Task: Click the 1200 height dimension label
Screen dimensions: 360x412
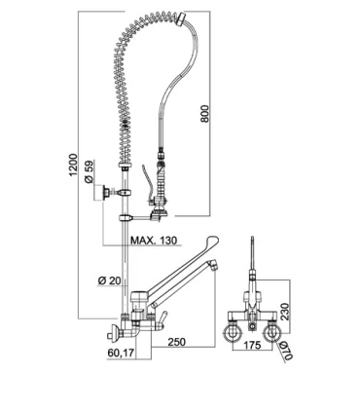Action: pyautogui.click(x=74, y=165)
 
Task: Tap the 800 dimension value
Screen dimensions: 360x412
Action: pyautogui.click(x=205, y=113)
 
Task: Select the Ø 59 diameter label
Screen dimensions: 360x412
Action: pyautogui.click(x=89, y=172)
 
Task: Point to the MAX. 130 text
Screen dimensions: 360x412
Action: pyautogui.click(x=154, y=241)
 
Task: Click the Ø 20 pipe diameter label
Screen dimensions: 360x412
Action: pyautogui.click(x=109, y=281)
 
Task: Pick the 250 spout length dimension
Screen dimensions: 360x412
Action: pyautogui.click(x=177, y=342)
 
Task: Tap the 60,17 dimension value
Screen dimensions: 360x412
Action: pyautogui.click(x=121, y=353)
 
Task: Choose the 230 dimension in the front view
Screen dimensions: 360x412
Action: pyautogui.click(x=284, y=312)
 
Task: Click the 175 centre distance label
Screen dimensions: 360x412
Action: pyautogui.click(x=252, y=345)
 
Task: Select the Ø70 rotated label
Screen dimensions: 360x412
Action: pyautogui.click(x=287, y=351)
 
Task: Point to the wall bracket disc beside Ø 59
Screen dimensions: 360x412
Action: pyautogui.click(x=105, y=192)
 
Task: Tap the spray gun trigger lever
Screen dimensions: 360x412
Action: pyautogui.click(x=145, y=181)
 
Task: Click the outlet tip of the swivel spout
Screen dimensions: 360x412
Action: pyautogui.click(x=212, y=265)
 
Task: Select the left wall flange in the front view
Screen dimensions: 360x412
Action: pyautogui.click(x=233, y=334)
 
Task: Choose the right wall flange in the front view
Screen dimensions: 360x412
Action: pyautogui.click(x=271, y=334)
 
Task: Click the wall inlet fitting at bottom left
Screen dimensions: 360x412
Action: pyautogui.click(x=113, y=331)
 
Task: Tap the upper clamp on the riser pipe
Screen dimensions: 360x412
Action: pyautogui.click(x=125, y=193)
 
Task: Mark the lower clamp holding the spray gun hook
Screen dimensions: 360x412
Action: pyautogui.click(x=126, y=217)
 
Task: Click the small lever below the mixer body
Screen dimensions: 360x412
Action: pyautogui.click(x=162, y=318)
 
